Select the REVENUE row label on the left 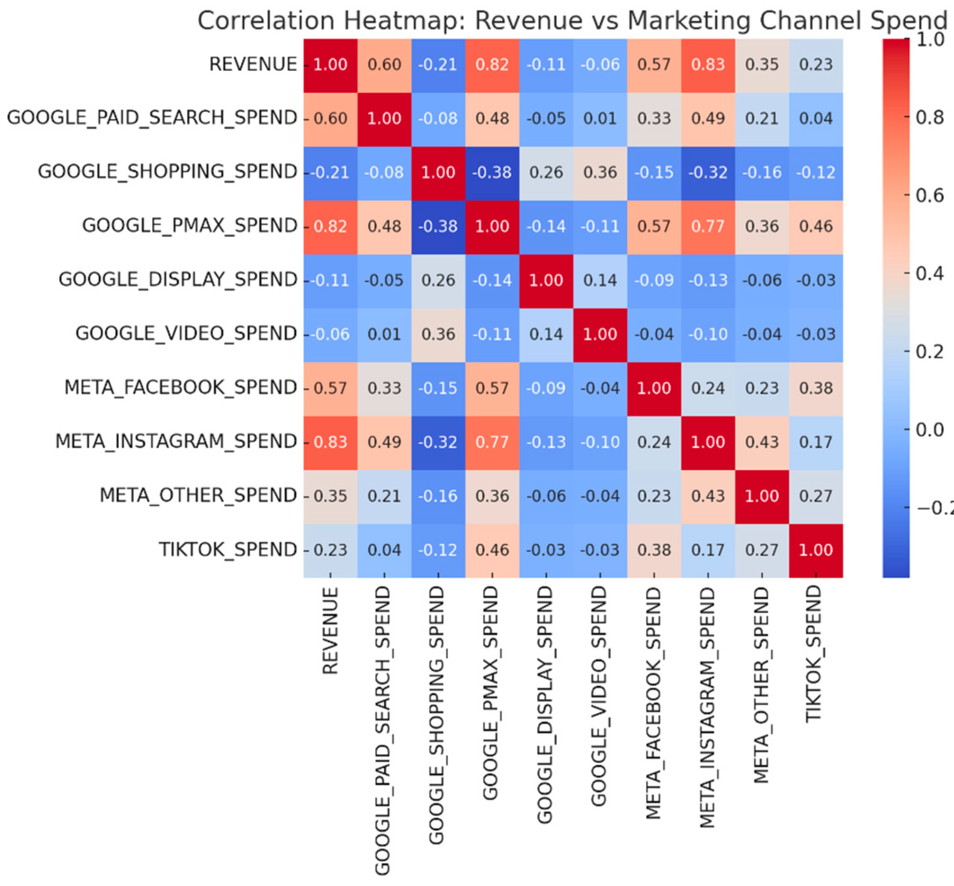tap(253, 64)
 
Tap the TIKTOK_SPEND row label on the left tap(228, 550)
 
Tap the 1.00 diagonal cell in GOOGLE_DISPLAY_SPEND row tap(546, 280)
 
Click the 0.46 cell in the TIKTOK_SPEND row tap(492, 550)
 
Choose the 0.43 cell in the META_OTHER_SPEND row tap(707, 496)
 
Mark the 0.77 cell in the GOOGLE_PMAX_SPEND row tap(707, 226)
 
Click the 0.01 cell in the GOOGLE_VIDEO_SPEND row tap(384, 334)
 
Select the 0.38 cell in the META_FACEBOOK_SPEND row tap(815, 388)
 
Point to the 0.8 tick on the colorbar tap(929, 118)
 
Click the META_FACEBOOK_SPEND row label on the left tap(181, 387)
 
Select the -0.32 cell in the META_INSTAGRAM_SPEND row tap(438, 442)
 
